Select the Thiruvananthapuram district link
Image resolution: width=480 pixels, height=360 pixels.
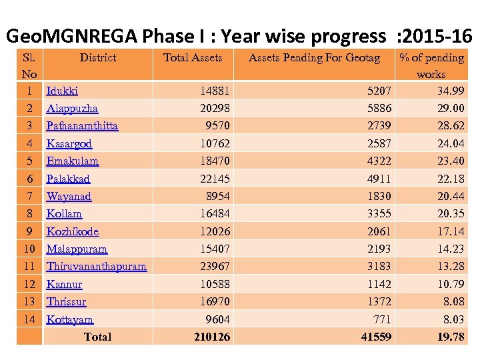pos(96,267)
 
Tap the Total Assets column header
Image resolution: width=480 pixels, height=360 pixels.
pos(193,58)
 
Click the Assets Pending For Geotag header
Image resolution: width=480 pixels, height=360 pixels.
pos(314,58)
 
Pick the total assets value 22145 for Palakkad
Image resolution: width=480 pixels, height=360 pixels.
pos(215,179)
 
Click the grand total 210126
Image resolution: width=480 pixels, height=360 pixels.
pos(212,337)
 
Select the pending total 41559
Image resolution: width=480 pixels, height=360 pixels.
pos(376,337)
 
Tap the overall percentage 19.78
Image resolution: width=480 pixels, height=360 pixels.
pos(451,337)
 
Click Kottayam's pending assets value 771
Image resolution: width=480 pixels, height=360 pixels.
pos(381,319)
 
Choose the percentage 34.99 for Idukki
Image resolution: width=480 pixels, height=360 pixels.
pos(451,91)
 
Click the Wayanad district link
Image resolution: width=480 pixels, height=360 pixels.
pos(69,197)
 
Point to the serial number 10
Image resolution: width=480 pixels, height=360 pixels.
pos(29,249)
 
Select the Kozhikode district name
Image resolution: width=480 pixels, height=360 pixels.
pos(72,232)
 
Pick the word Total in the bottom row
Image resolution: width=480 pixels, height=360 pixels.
pos(97,337)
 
